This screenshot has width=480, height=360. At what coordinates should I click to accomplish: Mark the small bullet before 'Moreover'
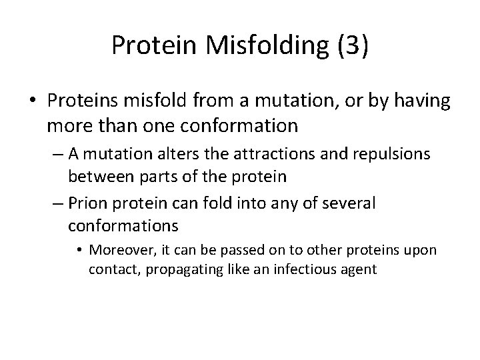pos(81,251)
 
